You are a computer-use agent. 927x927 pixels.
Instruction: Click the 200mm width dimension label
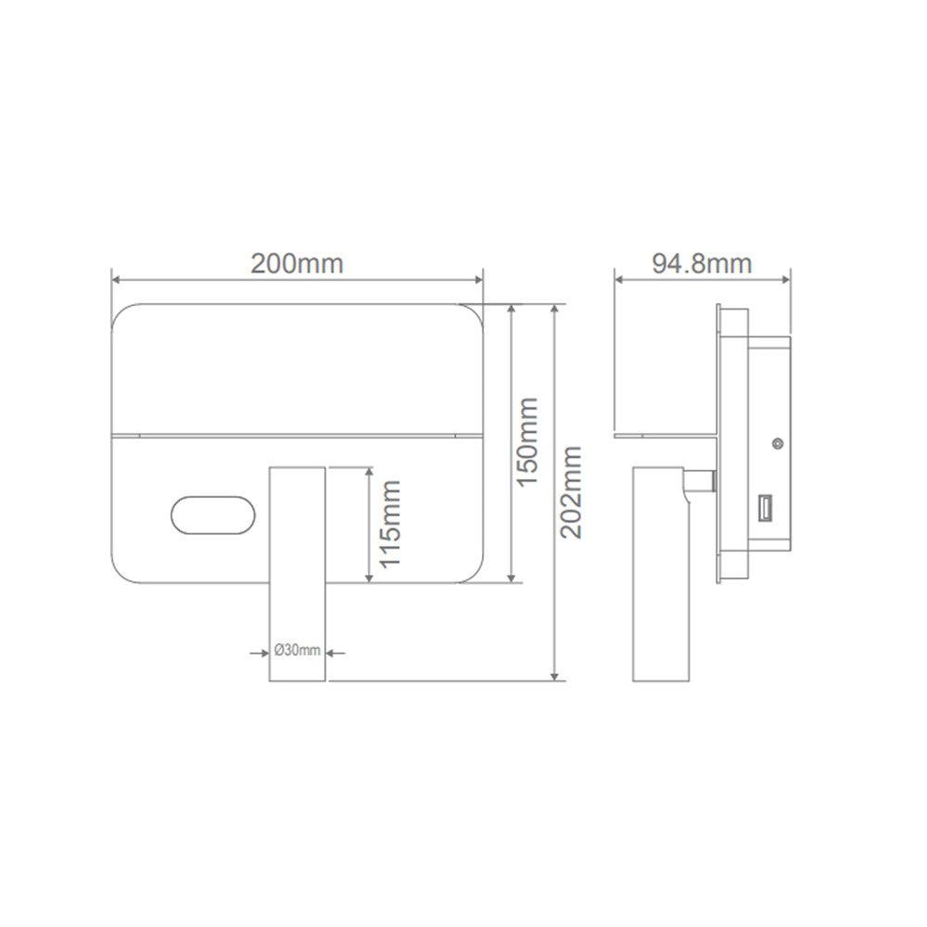[297, 263]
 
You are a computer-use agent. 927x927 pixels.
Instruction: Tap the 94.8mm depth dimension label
[702, 263]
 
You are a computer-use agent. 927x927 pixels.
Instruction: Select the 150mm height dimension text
[527, 442]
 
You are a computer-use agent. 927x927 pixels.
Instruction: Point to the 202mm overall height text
[570, 492]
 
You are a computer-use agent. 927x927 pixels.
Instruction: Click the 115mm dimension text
[389, 525]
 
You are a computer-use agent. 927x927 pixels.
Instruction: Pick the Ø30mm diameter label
[298, 651]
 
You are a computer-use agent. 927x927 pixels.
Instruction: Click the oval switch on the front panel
[213, 514]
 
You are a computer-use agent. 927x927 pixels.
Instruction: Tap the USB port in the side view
[765, 509]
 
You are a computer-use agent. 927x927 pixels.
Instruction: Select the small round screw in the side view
[778, 443]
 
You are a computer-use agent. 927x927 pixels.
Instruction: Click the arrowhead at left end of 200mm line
[117, 280]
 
